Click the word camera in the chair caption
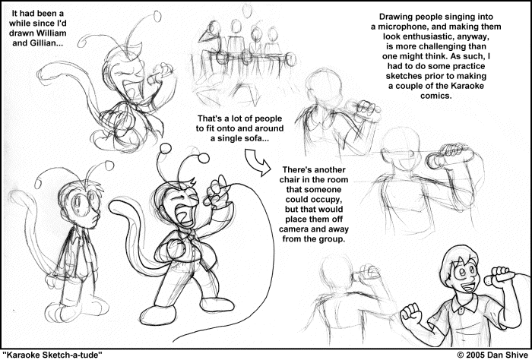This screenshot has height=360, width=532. click(x=295, y=229)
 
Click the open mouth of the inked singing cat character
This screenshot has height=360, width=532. click(x=183, y=214)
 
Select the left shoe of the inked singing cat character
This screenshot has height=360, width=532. click(x=157, y=315)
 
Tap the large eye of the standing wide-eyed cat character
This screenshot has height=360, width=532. click(x=78, y=203)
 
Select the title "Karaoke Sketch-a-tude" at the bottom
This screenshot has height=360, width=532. click(x=52, y=355)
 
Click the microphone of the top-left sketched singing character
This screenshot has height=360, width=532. click(x=160, y=74)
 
